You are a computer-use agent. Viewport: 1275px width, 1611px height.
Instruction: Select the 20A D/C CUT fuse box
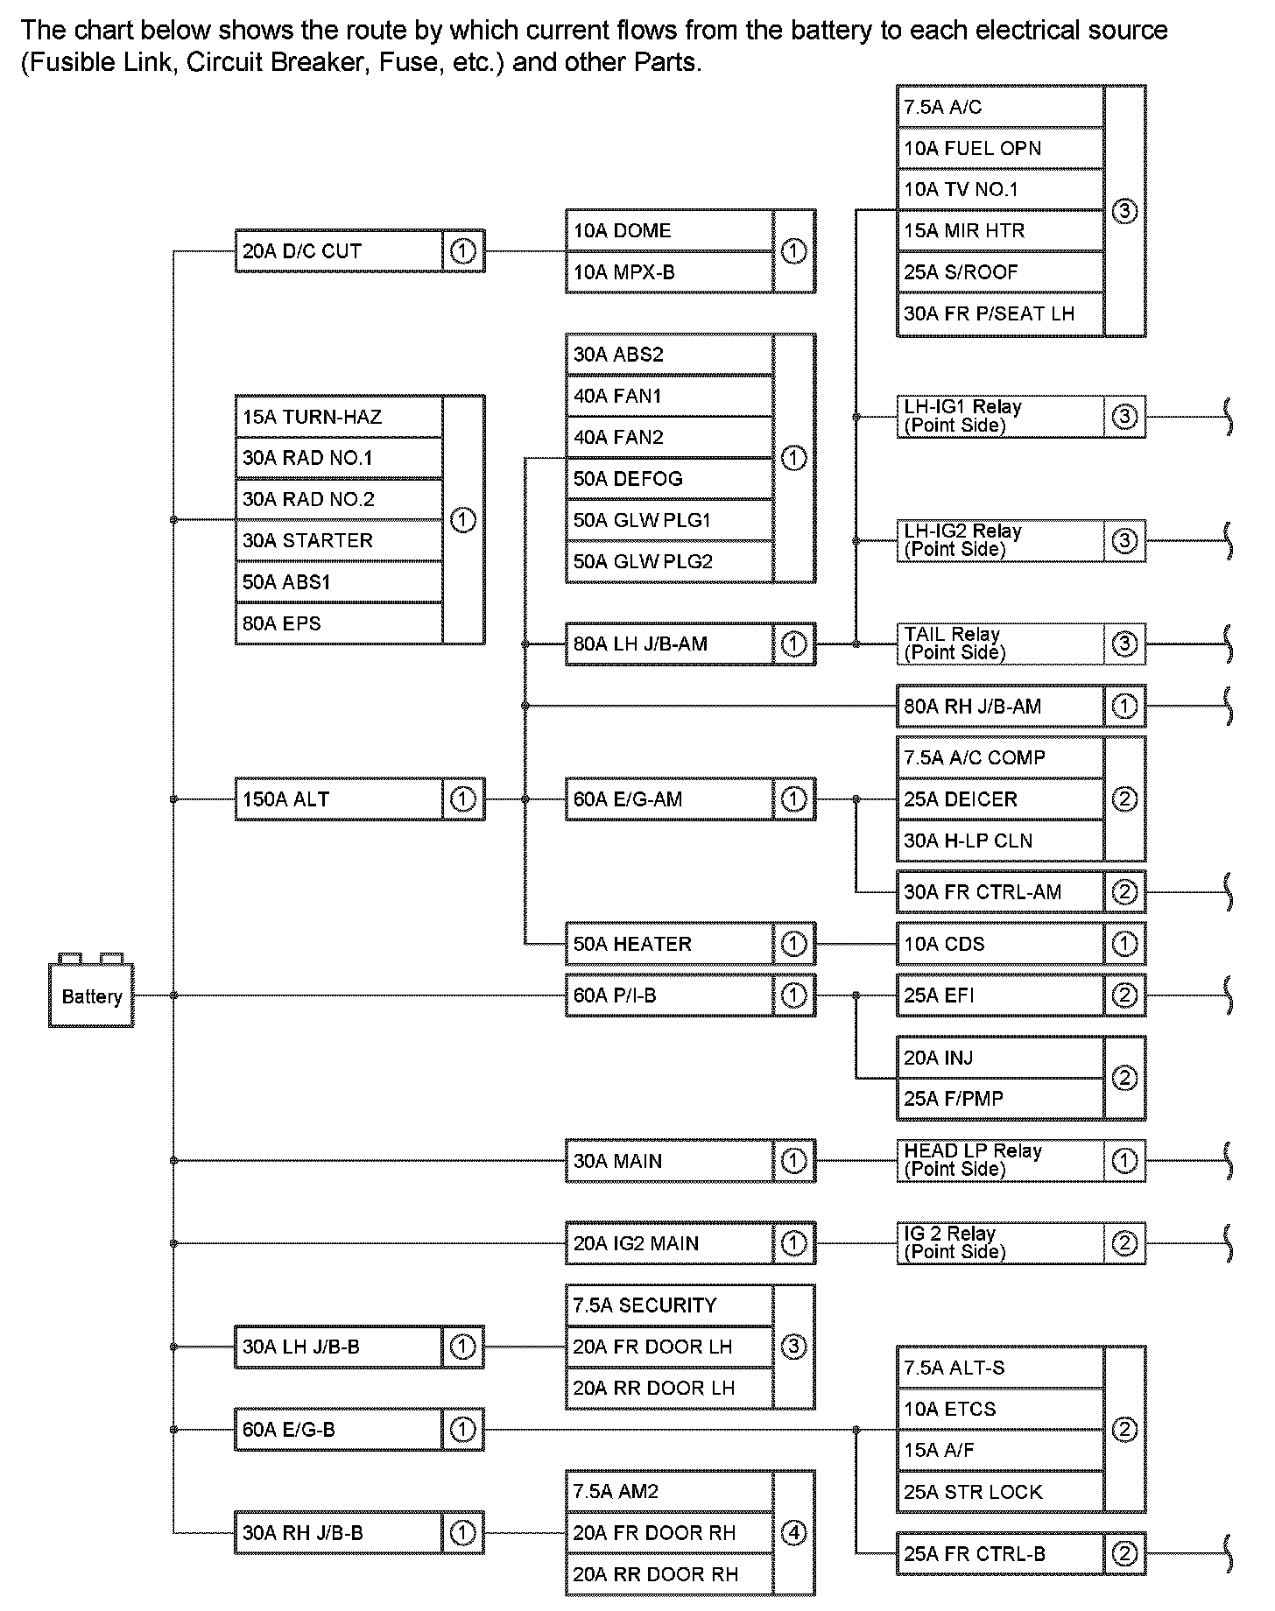(x=339, y=251)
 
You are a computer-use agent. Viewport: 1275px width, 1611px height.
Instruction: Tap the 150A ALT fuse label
(x=339, y=798)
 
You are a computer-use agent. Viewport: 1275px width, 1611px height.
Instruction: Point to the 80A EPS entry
(x=339, y=623)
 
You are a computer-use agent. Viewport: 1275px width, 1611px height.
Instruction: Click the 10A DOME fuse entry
(x=669, y=230)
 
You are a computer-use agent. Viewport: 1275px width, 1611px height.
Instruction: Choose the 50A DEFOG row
(x=669, y=479)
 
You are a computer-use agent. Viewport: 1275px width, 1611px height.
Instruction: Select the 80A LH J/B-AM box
(x=669, y=644)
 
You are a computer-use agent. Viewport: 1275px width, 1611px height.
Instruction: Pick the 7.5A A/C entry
(x=999, y=107)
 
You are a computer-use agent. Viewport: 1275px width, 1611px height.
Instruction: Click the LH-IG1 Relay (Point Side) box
(x=999, y=417)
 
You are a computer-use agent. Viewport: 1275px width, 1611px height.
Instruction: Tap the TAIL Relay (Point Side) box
(x=999, y=644)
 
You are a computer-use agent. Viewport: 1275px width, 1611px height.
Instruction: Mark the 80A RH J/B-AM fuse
(x=999, y=707)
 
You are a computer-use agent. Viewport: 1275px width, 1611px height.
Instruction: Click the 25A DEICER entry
(x=999, y=799)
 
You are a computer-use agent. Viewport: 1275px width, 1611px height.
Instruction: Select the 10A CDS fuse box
(x=999, y=944)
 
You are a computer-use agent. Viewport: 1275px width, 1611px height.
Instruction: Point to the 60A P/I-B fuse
(x=669, y=995)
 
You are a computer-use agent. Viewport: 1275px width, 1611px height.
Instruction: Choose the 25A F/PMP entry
(x=999, y=1099)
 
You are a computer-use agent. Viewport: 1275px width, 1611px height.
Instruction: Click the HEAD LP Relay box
(x=999, y=1161)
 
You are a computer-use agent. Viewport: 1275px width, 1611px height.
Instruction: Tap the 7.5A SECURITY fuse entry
(x=669, y=1305)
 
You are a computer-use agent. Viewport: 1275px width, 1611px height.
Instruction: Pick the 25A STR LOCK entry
(x=999, y=1492)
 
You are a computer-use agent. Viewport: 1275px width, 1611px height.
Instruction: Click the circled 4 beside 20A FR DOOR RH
(x=793, y=1533)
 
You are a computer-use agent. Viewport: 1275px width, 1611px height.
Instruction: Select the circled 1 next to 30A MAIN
(x=793, y=1161)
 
